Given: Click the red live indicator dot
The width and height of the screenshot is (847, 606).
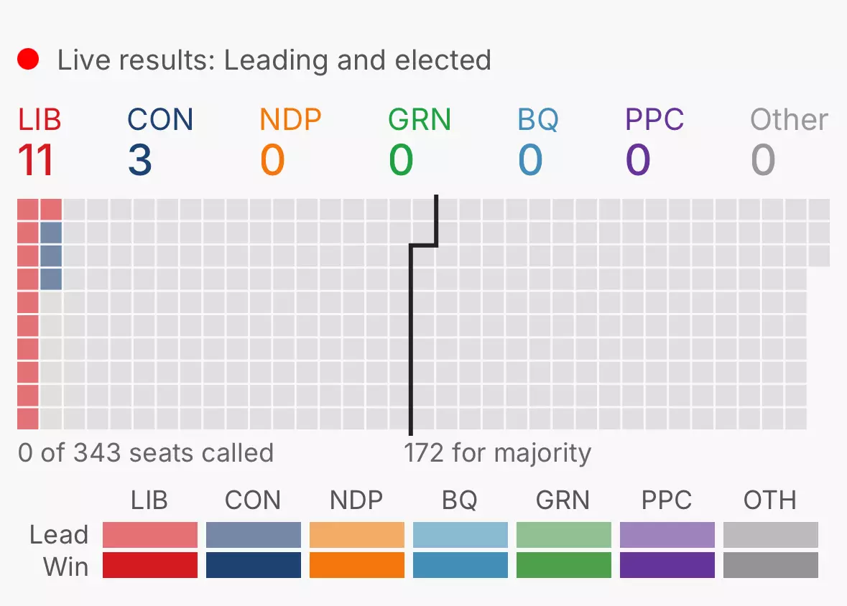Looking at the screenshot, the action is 28,59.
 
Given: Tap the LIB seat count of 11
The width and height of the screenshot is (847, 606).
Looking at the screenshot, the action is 36,160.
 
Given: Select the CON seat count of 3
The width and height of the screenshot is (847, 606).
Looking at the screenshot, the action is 140,160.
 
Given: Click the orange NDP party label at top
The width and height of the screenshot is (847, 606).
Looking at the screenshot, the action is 291,119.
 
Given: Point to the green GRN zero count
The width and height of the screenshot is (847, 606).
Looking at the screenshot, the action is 401,160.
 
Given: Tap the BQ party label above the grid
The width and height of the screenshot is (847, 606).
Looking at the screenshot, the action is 538,119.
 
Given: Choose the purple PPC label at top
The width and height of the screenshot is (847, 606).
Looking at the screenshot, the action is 654,119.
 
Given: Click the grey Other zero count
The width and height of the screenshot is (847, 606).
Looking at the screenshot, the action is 763,160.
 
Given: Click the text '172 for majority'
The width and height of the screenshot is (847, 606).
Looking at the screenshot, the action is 498,453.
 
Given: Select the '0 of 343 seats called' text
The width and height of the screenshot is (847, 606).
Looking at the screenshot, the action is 146,452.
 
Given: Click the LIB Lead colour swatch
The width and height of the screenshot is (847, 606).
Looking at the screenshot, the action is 150,535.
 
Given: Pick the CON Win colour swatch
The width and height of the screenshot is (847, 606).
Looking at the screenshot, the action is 254,565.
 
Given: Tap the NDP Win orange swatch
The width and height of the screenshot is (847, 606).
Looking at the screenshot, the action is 357,565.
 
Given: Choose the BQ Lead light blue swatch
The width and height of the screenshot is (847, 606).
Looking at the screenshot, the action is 460,535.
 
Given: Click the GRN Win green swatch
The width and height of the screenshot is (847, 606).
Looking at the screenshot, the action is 564,565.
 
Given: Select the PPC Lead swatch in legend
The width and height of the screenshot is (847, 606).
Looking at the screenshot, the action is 667,535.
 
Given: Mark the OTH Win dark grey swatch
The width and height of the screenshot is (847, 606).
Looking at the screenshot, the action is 771,565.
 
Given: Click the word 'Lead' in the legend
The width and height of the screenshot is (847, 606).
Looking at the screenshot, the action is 59,535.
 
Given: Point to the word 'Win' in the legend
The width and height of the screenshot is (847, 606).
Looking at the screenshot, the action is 66,567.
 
